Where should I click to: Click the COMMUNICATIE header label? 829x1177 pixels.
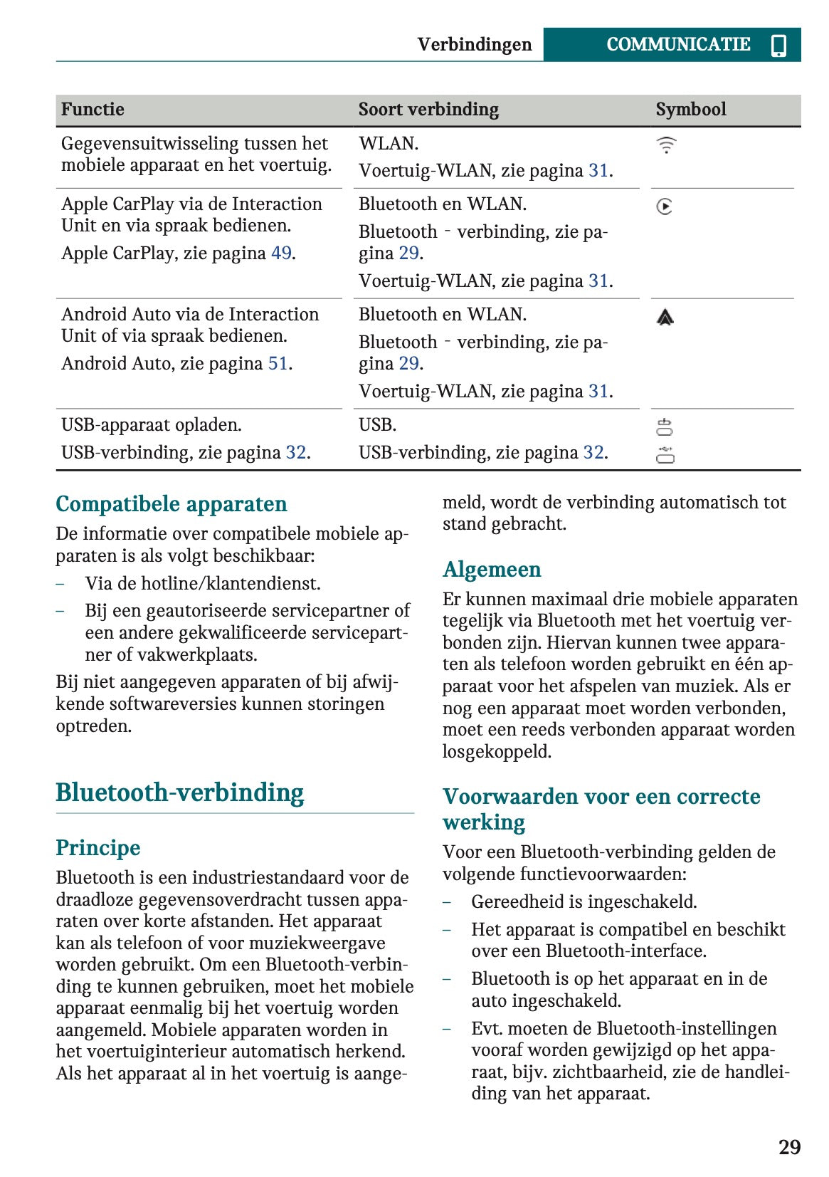point(677,44)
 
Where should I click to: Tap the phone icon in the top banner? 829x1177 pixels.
point(778,45)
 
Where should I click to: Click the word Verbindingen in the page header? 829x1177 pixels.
point(474,45)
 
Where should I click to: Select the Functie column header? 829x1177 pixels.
point(93,110)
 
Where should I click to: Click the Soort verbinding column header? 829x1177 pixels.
point(428,110)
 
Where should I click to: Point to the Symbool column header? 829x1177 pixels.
point(690,110)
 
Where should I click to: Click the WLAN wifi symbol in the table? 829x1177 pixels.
point(666,145)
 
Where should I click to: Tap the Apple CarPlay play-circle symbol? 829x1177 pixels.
point(665,206)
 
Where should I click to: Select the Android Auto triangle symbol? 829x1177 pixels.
point(665,318)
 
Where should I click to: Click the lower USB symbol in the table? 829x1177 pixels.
point(665,454)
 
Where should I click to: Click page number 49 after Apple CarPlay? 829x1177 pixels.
point(281,253)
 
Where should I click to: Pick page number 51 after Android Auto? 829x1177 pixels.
point(278,364)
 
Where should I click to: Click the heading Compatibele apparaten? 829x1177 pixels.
point(171,504)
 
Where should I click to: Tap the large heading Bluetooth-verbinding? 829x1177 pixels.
point(180,792)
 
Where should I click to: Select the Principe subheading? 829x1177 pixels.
point(98,848)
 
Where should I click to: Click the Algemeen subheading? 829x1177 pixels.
point(492,570)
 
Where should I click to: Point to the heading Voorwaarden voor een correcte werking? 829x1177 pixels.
point(601,809)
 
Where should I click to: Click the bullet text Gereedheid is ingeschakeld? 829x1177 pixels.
point(584,902)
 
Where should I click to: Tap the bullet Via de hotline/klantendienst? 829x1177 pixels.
point(203,584)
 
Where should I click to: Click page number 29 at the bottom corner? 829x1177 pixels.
point(789,1147)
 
